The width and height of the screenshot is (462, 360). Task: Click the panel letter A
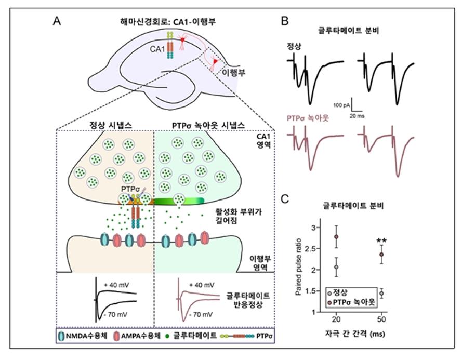coord(57,21)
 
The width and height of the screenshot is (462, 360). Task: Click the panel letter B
coord(285,21)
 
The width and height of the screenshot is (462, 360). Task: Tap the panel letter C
coord(285,199)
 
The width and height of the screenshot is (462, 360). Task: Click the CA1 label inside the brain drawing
coord(157,49)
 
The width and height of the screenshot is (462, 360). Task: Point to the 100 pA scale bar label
coord(341,105)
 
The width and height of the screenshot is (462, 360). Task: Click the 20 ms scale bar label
coord(357,116)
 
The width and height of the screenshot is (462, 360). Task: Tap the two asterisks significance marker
coord(381,241)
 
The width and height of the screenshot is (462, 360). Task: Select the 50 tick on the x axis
coord(381,319)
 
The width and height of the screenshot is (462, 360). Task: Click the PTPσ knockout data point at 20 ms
coord(336,236)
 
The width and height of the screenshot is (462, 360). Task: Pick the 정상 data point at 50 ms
coord(381,293)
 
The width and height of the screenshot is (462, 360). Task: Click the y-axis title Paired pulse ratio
coord(298,266)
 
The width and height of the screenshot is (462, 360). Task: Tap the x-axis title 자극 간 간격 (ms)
coord(355,334)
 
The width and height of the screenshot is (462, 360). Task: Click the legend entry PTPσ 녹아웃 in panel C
coord(351,302)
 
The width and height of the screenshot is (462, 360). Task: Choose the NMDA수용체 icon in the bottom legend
coord(61,336)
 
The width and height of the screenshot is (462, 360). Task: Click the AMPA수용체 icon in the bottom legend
coord(116,336)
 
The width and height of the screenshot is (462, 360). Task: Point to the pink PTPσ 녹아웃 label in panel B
coord(308,118)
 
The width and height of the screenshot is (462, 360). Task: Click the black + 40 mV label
coord(116,285)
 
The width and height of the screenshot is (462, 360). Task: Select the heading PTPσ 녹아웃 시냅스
coord(208,126)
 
